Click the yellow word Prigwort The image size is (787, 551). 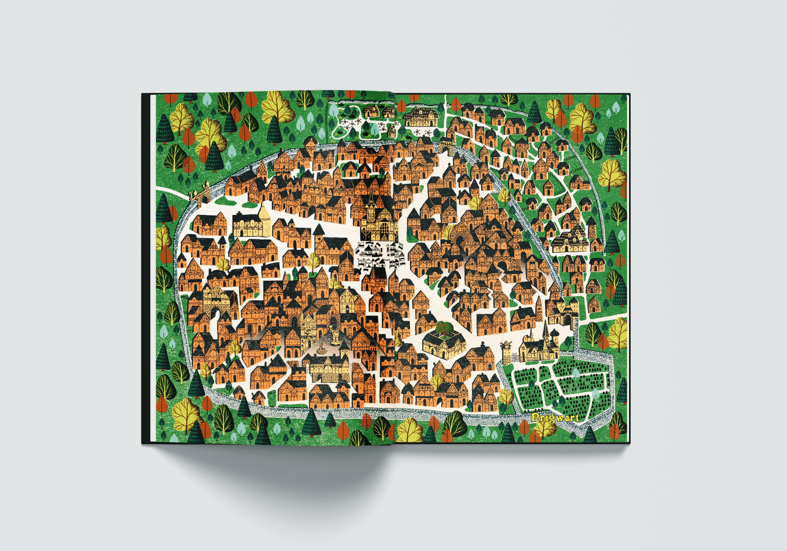555,418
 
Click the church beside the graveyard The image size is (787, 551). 538,346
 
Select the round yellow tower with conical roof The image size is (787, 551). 265,221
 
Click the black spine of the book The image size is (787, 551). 146,269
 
